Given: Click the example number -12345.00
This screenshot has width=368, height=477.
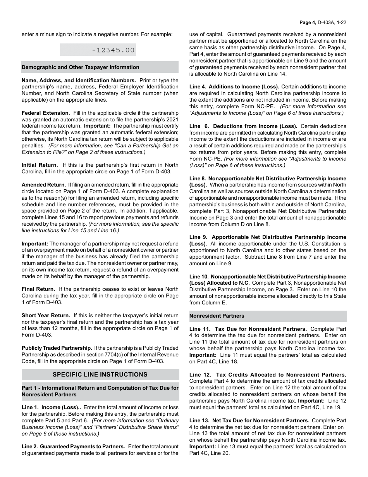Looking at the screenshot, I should [113, 50].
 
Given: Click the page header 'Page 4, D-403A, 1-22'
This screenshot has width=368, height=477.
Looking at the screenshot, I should [323, 22].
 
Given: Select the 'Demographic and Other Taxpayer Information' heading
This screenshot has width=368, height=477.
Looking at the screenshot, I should [81, 67].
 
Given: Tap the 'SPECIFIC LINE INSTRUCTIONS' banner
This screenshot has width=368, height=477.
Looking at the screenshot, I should [100, 375].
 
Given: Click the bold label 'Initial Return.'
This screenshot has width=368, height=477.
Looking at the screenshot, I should [40, 165].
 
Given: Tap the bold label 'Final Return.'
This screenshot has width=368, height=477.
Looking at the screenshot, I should [38, 289].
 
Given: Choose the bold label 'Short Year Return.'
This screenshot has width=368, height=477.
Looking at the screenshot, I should [46, 315].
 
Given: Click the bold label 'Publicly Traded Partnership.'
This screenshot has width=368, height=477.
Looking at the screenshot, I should [57, 348].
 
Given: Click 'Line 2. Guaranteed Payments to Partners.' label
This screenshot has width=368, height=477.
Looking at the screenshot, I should [73, 446].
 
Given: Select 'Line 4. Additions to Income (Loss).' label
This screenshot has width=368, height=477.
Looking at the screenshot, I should [234, 87].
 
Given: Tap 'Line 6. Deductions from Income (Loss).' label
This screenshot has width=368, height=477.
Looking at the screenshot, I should [243, 126].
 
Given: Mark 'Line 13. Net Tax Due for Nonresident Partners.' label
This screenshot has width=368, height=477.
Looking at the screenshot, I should [249, 420].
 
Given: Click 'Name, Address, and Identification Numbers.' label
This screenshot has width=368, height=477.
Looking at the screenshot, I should [79, 80].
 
